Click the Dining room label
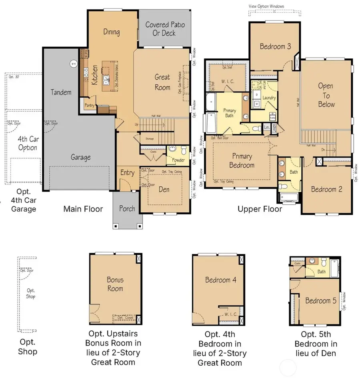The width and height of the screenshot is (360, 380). (111, 32)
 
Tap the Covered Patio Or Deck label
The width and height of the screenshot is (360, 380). (165, 29)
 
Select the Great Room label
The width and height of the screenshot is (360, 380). (162, 82)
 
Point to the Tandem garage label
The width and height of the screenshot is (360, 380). (61, 92)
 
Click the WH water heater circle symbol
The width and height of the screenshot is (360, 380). (73, 63)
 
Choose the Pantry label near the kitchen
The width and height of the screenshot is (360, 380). (89, 105)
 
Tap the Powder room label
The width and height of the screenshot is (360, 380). (178, 160)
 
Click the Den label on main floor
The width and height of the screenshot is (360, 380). (164, 190)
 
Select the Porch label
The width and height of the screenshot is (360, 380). (127, 208)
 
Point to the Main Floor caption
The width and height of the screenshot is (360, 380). (83, 209)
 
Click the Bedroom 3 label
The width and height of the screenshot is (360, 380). (275, 46)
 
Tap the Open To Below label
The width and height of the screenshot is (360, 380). (326, 95)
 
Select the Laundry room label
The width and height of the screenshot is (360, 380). (269, 98)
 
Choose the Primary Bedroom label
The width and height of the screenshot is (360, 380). (242, 161)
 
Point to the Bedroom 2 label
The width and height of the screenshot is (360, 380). (326, 189)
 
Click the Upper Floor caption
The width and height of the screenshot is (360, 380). (260, 209)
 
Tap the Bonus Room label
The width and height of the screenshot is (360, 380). (115, 284)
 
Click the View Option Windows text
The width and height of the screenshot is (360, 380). (266, 6)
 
